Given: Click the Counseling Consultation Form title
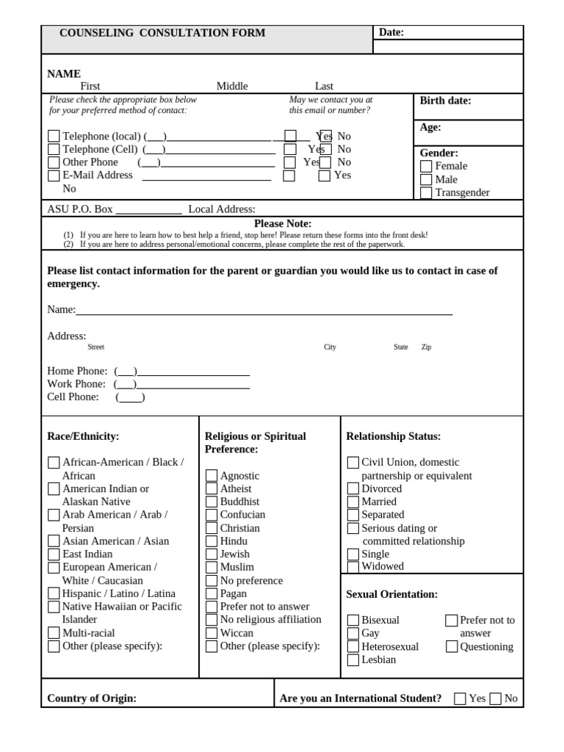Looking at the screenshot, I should coord(162,33).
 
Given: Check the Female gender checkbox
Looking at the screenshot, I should coord(426,167).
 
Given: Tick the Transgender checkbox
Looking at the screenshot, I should coord(426,193).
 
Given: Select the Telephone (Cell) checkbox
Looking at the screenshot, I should coord(54,150).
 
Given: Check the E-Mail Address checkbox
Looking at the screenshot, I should coord(54,176).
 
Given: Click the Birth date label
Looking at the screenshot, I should coord(445,101).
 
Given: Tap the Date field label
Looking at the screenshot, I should coord(391,32).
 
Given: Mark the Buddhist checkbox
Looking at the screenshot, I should coord(211,502).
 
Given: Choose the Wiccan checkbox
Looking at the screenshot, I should coord(211,633).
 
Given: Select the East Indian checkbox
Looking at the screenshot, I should coord(54,554).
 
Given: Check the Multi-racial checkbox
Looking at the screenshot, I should coord(54,633).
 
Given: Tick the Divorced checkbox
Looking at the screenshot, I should coord(353,489).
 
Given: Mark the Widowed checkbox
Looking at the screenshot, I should coord(353,567).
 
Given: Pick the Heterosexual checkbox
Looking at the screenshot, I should coord(353,647).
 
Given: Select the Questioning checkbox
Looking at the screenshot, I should coord(452,647).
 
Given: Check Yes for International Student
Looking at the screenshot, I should coord(460,698).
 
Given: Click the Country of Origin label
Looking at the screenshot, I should coord(92,698).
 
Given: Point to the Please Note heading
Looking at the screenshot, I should coord(283,223).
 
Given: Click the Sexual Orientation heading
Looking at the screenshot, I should coord(391,594).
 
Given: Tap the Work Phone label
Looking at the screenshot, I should coord(76,384).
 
